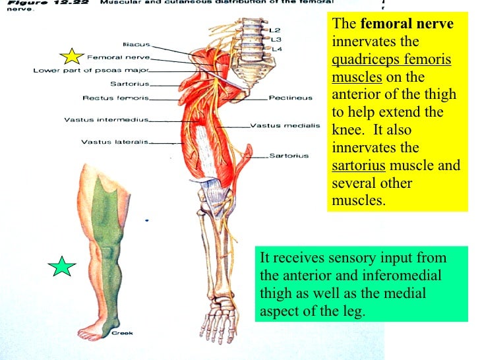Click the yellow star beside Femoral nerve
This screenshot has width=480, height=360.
pos(73,57)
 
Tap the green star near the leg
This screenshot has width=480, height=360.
pos(62,266)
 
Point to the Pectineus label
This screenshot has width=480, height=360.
pos(290,98)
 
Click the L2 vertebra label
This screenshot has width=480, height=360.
pos(275,30)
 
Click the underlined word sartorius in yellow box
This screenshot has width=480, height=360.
pos(356,165)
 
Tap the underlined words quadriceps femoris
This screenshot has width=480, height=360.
pos(392,60)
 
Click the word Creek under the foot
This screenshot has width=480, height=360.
pos(122,333)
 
